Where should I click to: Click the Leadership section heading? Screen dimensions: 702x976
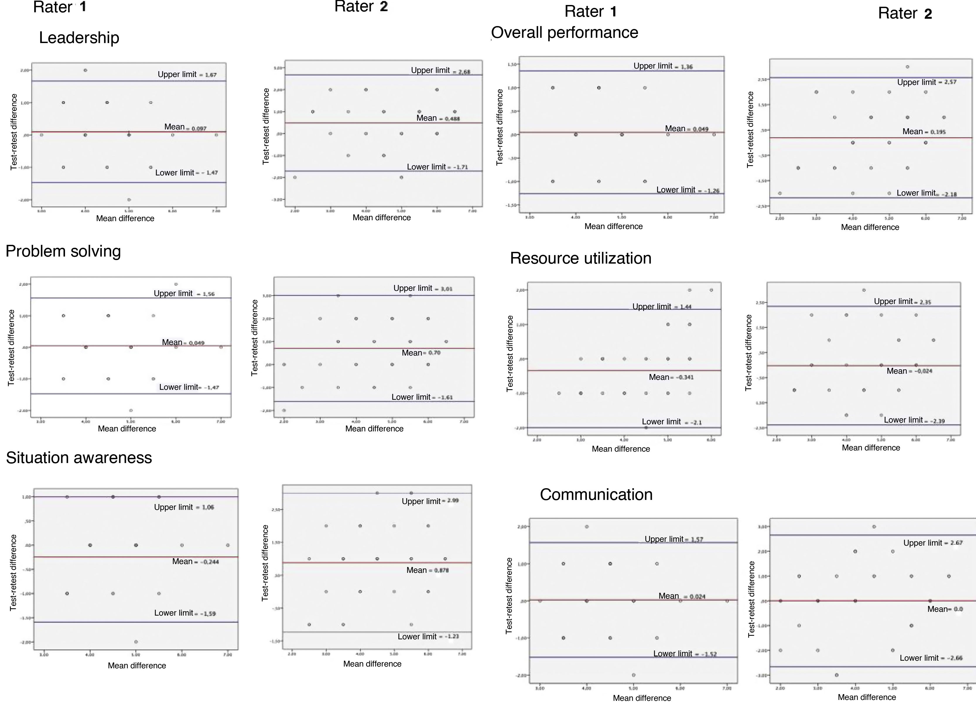(x=79, y=38)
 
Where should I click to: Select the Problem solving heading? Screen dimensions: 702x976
(x=63, y=251)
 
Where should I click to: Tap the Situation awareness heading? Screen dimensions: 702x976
(x=79, y=457)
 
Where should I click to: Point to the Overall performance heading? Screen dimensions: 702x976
(x=565, y=33)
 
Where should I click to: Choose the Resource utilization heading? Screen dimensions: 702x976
(x=580, y=258)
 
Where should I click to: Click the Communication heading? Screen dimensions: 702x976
(x=596, y=495)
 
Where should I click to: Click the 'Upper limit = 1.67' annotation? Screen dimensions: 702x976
(x=187, y=74)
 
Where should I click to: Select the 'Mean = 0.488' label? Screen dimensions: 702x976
(x=438, y=118)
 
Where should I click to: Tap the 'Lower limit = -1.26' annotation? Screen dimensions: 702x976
(x=687, y=190)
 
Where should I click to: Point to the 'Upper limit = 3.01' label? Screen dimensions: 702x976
(x=423, y=288)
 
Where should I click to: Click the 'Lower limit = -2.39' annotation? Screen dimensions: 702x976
(x=914, y=420)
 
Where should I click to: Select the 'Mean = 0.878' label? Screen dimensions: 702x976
(x=427, y=570)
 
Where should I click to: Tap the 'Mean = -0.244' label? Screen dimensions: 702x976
(x=195, y=562)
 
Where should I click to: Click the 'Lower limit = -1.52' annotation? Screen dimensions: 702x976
(x=685, y=654)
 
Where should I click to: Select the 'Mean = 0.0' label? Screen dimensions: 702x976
(x=945, y=609)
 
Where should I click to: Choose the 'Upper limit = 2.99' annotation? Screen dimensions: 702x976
(x=430, y=501)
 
